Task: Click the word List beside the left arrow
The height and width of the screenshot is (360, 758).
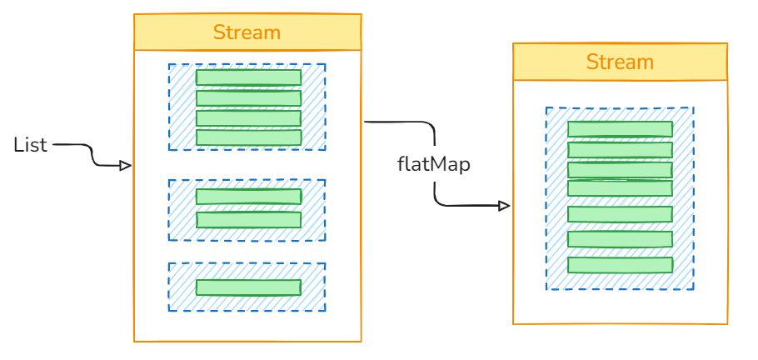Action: pyautogui.click(x=31, y=145)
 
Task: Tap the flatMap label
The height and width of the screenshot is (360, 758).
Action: pyautogui.click(x=433, y=164)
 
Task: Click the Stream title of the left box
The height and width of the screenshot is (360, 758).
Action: pyautogui.click(x=247, y=33)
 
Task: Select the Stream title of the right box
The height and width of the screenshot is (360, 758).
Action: pyautogui.click(x=620, y=62)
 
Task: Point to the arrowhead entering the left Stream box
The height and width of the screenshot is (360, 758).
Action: pyautogui.click(x=126, y=166)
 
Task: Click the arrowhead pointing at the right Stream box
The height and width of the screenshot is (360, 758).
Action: pyautogui.click(x=504, y=206)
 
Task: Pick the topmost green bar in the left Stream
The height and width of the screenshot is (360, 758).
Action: pyautogui.click(x=248, y=77)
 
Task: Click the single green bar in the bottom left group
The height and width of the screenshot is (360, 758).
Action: pyautogui.click(x=248, y=287)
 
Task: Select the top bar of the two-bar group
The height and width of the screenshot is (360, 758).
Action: pyautogui.click(x=248, y=197)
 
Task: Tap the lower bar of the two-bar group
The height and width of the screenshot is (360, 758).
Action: pyautogui.click(x=248, y=220)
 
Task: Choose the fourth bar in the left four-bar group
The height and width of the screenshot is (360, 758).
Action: pyautogui.click(x=248, y=137)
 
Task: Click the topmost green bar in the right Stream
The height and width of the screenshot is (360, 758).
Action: pyautogui.click(x=620, y=129)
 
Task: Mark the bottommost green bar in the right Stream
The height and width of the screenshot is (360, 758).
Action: pyautogui.click(x=620, y=265)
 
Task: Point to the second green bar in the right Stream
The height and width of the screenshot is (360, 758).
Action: pyautogui.click(x=620, y=150)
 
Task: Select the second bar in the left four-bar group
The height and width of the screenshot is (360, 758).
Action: pyautogui.click(x=248, y=98)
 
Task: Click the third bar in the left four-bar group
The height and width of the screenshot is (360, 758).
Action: pyautogui.click(x=248, y=118)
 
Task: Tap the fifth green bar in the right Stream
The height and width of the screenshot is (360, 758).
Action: pyautogui.click(x=620, y=214)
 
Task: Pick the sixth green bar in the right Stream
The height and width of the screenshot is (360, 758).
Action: pyautogui.click(x=620, y=239)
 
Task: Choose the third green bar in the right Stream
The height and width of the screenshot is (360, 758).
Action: pyautogui.click(x=620, y=170)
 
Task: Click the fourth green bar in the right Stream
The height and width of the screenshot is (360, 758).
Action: pyautogui.click(x=620, y=188)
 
